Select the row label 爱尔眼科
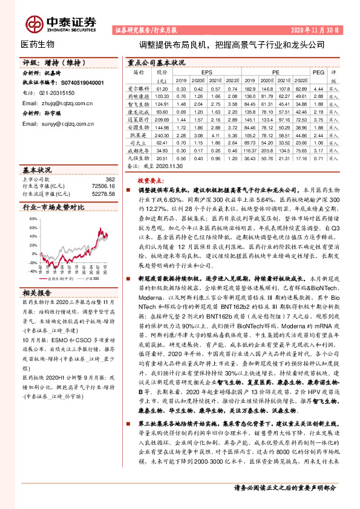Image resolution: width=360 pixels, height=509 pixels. click(137, 89)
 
